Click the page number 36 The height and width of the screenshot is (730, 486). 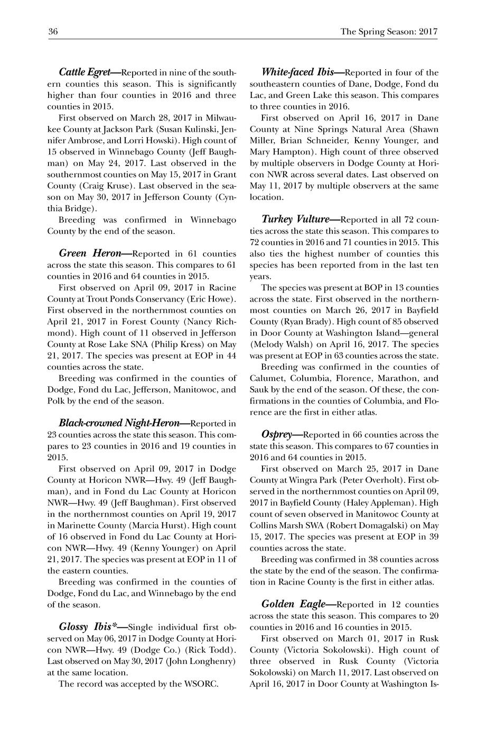(x=52, y=32)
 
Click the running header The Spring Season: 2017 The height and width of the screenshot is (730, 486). (x=389, y=32)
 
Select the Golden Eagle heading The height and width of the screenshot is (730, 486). (x=296, y=604)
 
